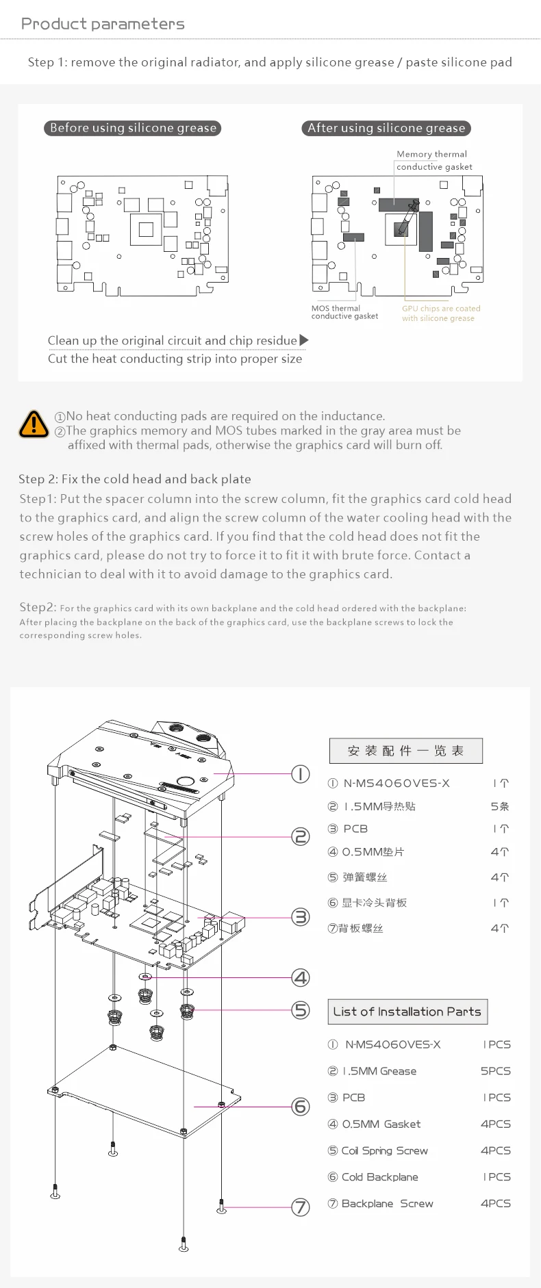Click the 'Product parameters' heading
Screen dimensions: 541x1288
pos(103,24)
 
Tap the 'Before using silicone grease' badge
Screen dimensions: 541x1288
pos(133,128)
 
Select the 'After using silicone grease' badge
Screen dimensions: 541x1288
pos(386,128)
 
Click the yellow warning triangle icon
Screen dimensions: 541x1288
pos(34,424)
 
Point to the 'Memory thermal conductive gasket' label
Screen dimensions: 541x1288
pos(433,160)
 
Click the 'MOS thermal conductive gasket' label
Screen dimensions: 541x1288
pos(344,312)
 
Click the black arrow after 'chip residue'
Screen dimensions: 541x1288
pos(304,340)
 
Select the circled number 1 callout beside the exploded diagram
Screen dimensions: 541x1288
pos(301,774)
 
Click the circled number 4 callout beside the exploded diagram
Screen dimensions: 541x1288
pos(301,977)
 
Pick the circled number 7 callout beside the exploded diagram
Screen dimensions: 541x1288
pos(301,1207)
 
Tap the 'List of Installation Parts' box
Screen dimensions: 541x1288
pos(407,1012)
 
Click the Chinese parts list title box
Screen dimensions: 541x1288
pos(405,751)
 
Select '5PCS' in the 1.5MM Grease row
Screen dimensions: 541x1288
pos(495,1071)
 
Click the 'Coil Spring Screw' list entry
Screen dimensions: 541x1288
pos(384,1150)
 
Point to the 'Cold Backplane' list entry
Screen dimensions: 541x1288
pos(379,1177)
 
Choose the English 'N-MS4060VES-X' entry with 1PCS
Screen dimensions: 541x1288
pos(392,1044)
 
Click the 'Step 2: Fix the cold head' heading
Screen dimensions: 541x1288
pos(135,479)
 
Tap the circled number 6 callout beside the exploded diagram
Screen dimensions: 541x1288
pos(301,1106)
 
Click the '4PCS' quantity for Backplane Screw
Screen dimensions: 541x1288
pos(495,1203)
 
